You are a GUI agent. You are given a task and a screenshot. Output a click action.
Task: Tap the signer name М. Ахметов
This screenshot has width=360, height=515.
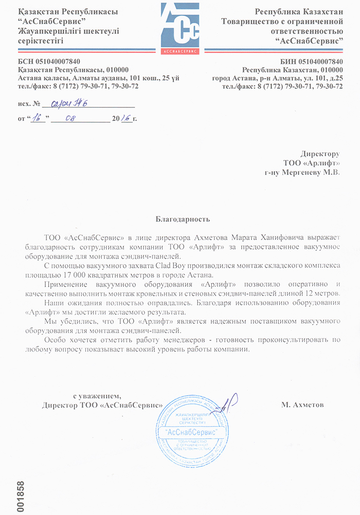pyautogui.click(x=302, y=405)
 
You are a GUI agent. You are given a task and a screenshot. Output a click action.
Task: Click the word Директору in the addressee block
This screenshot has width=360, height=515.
pyautogui.click(x=320, y=154)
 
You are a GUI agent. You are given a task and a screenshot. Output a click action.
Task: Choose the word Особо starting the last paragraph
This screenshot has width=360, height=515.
pyautogui.click(x=55, y=340)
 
